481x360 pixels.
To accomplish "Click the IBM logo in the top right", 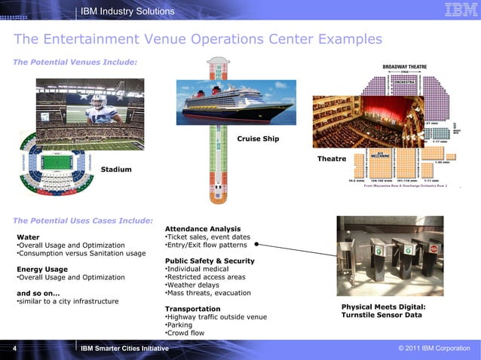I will [458, 11].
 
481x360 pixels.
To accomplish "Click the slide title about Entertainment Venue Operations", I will [198, 39].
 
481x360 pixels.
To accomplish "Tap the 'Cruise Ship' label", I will [258, 139].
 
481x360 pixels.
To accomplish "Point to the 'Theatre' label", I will [332, 159].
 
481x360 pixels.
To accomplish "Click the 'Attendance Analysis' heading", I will [203, 229].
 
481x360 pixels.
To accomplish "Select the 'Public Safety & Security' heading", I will [210, 261].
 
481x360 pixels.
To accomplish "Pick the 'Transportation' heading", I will [192, 309].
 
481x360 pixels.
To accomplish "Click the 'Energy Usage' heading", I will [42, 269].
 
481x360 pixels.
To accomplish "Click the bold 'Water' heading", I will [28, 236].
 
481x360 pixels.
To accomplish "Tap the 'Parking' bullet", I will [179, 325].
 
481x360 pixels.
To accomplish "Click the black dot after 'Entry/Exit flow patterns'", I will [257, 245].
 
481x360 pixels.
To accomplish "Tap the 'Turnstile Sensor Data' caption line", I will [383, 316].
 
